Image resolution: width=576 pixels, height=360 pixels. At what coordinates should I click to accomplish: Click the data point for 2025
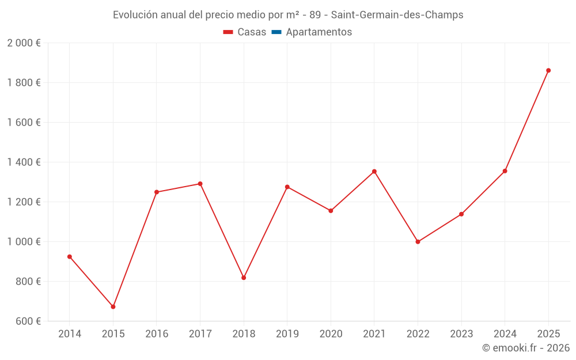548,70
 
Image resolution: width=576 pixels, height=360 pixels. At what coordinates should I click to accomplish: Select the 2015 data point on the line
113,306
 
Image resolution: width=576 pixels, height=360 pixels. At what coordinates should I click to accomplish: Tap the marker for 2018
244,278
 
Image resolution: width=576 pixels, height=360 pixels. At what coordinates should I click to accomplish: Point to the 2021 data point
374,172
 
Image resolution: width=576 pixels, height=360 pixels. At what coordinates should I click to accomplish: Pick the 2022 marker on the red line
418,242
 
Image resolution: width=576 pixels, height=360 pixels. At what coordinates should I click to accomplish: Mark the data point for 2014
70,257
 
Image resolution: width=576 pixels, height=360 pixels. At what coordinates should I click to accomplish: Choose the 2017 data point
200,184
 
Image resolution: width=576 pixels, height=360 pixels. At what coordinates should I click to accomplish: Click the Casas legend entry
245,32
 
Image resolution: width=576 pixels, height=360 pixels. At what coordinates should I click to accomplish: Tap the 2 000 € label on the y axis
24,43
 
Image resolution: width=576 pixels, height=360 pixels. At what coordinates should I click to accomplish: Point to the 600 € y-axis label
27,321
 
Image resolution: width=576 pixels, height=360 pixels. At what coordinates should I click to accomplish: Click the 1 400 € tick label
24,162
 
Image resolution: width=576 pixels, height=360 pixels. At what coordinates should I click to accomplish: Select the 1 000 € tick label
24,242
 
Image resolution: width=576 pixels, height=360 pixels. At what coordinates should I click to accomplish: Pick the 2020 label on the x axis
331,334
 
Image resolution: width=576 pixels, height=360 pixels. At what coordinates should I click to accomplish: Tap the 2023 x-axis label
461,334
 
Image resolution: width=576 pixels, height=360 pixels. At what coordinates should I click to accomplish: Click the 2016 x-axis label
157,334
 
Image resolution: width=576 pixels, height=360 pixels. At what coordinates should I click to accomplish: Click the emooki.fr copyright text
525,348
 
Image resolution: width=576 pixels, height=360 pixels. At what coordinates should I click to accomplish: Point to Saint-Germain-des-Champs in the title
397,15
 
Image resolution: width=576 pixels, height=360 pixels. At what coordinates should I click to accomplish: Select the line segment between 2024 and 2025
526,120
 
